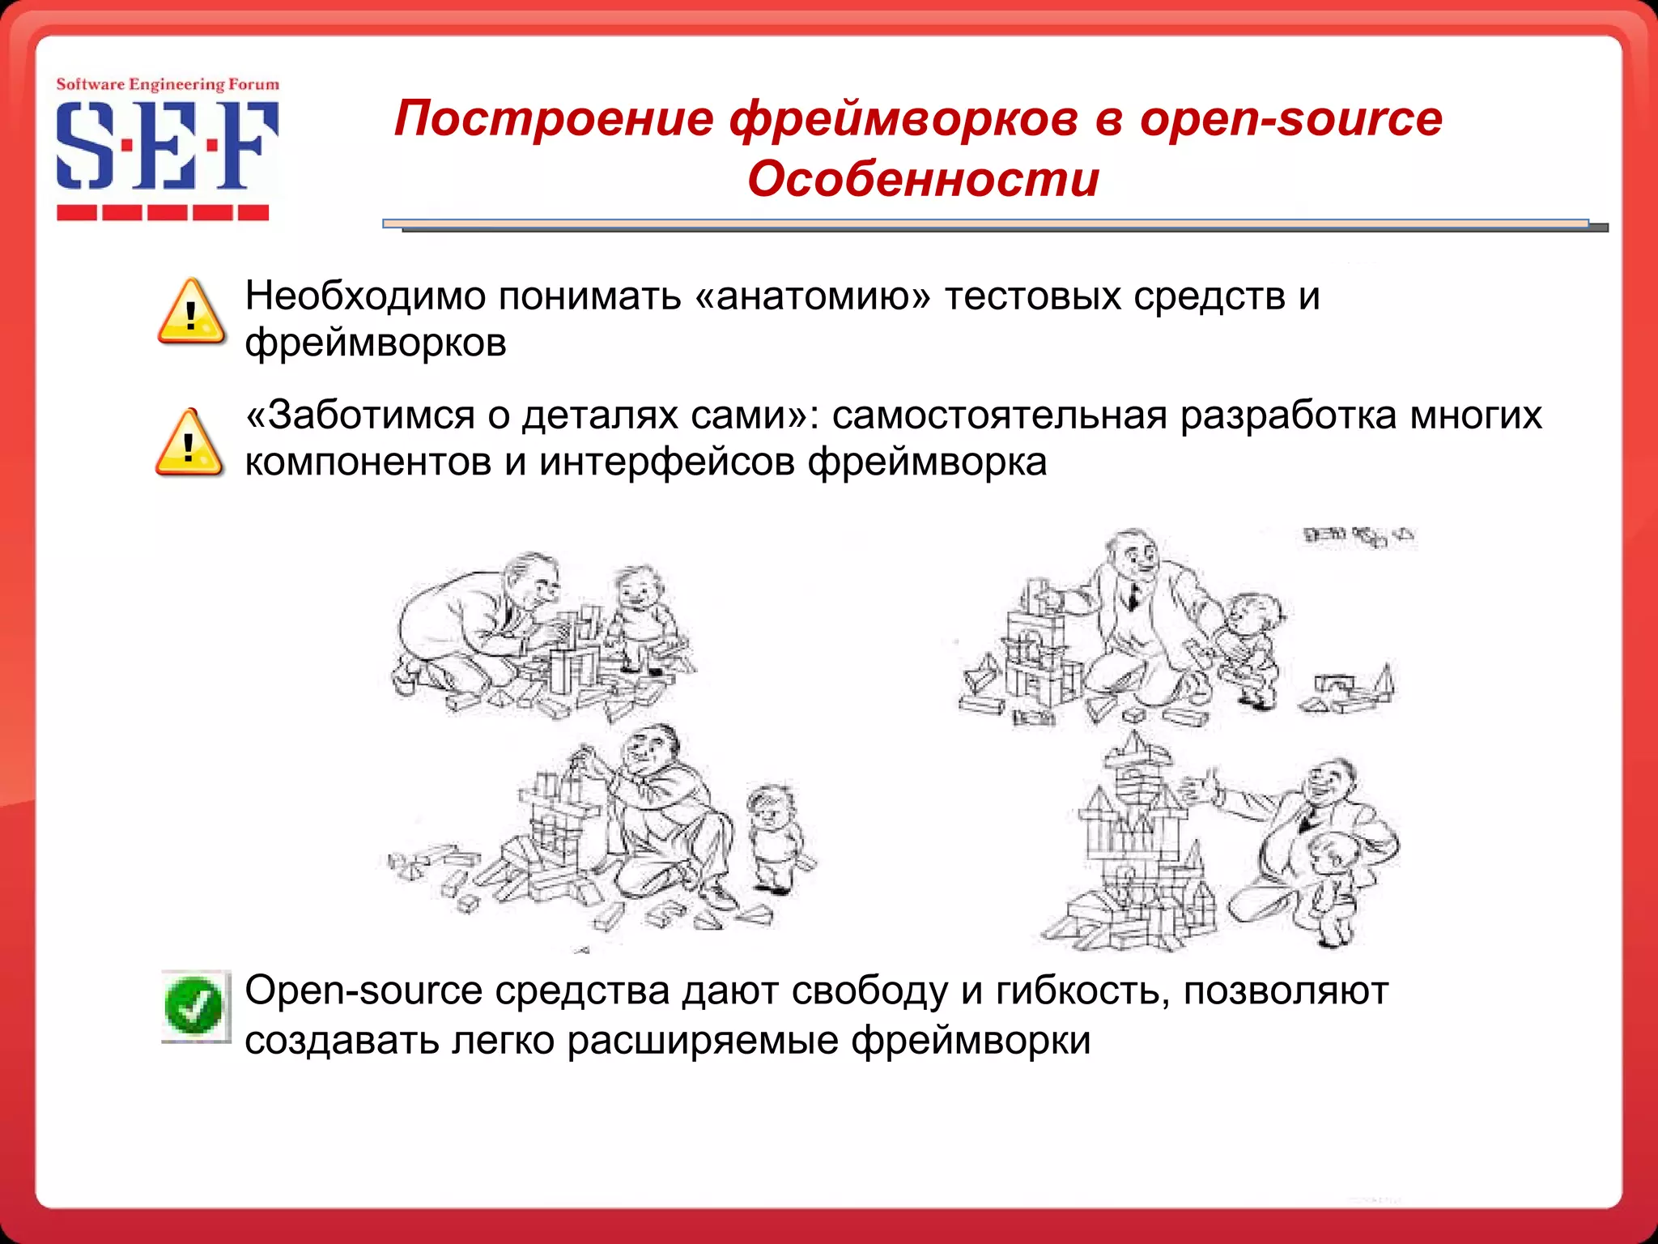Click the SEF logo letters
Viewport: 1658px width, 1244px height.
[166, 147]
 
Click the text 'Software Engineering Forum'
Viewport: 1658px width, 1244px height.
[167, 84]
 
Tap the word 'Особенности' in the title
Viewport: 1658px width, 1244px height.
[923, 179]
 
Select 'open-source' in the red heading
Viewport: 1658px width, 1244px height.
[1290, 118]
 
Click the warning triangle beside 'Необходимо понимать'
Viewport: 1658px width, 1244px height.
[191, 313]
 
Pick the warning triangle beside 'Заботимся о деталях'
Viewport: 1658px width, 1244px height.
[189, 443]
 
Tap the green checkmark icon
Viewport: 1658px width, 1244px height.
[194, 1007]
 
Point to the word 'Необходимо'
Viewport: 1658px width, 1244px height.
[364, 296]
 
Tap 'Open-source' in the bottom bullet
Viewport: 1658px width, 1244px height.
[363, 991]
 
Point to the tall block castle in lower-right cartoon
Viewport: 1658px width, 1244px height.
[1133, 842]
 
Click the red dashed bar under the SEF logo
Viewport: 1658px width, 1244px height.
[163, 213]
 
